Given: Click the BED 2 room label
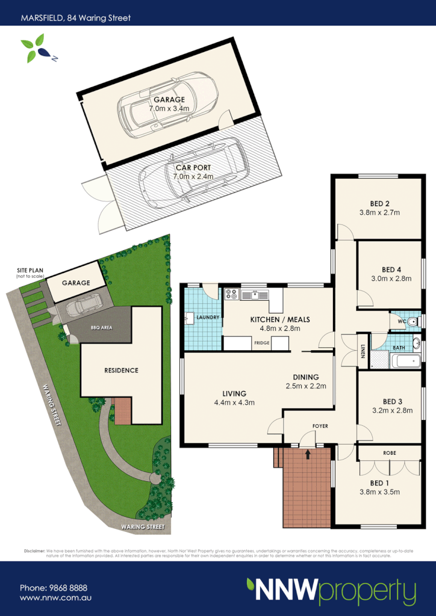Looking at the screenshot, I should tap(379, 203).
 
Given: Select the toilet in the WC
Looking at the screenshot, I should tap(412, 322).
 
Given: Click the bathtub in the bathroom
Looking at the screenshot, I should tap(405, 362).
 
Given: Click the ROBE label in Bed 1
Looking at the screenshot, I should tap(389, 451).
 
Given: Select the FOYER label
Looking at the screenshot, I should tap(320, 426).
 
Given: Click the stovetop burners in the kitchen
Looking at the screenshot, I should tap(231, 295).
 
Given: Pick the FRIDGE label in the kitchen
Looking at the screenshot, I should tap(261, 343).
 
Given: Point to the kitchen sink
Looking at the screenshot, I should tap(255, 295).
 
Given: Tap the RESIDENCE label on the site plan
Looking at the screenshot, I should tap(121, 370).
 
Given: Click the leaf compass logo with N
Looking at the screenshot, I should tap(35, 48).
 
